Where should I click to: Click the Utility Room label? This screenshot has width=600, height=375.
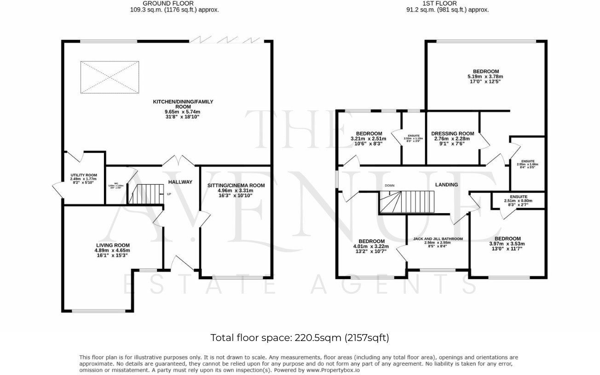click(84, 175)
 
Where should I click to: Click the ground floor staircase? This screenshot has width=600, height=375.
click(146, 194)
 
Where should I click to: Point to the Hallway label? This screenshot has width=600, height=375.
click(180, 182)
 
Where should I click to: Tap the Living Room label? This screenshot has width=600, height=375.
click(113, 245)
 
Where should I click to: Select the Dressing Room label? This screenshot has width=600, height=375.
click(452, 134)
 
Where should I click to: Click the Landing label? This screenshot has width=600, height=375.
click(446, 185)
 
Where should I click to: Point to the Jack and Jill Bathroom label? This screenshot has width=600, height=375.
click(438, 239)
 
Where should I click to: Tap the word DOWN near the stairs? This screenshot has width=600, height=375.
click(389, 186)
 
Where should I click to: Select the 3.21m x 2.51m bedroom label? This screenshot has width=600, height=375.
click(366, 134)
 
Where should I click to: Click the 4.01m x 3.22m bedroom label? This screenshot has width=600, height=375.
click(371, 241)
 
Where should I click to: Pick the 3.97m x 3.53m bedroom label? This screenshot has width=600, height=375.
click(507, 239)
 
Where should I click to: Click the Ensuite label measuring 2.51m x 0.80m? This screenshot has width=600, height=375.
click(518, 197)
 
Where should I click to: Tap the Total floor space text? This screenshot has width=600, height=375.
click(300, 338)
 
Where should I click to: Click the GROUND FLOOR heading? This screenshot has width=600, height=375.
click(174, 3)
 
